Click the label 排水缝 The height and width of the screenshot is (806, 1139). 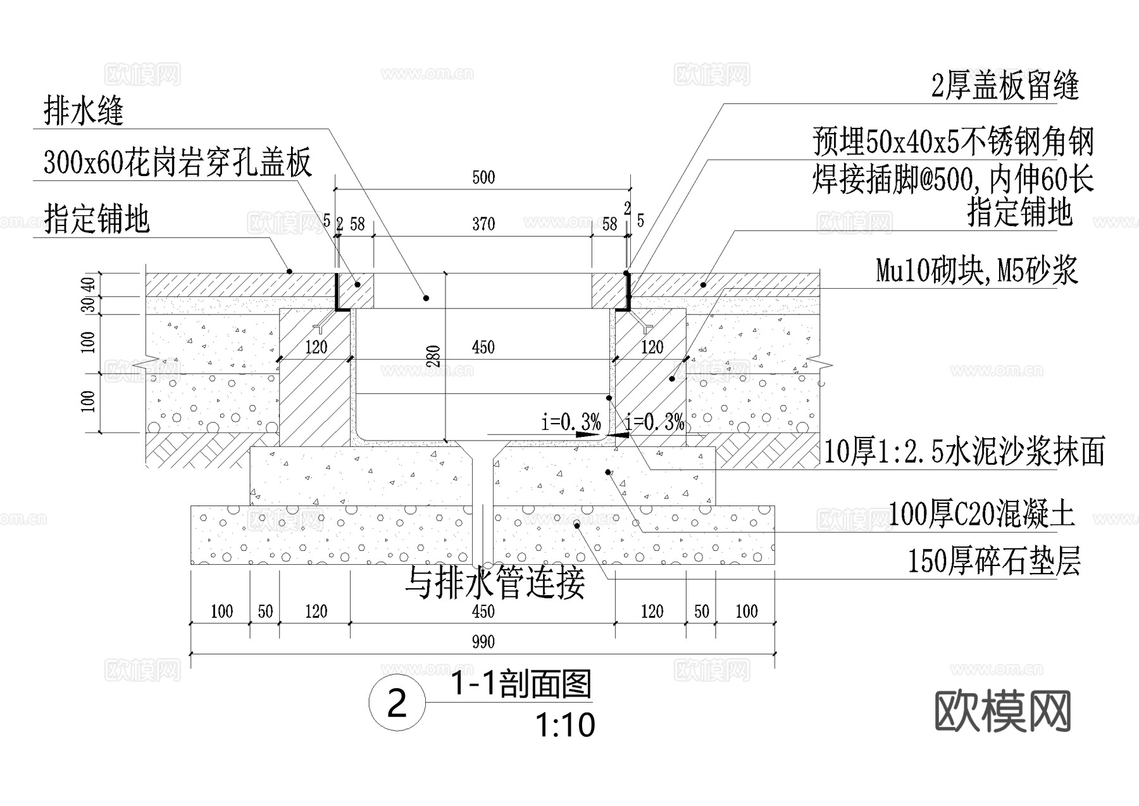[x=83, y=111]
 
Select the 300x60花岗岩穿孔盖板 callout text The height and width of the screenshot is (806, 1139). [x=177, y=163]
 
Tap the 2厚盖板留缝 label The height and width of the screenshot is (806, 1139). [x=1004, y=85]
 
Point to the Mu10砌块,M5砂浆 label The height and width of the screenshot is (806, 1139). [x=976, y=270]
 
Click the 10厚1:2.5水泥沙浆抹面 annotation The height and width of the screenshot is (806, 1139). [x=964, y=452]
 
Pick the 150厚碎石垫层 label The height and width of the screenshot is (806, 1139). [x=993, y=561]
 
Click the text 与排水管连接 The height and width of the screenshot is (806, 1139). [x=495, y=582]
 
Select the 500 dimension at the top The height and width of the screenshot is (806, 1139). [x=483, y=177]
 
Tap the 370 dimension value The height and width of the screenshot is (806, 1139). [x=483, y=224]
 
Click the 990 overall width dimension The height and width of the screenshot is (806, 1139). [x=483, y=643]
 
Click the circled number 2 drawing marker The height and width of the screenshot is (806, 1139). [x=397, y=703]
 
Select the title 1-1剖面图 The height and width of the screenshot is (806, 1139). [x=520, y=684]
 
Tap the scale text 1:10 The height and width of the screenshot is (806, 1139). [x=564, y=726]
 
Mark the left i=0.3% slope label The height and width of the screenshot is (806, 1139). [x=571, y=421]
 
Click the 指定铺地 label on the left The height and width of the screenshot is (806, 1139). [x=97, y=218]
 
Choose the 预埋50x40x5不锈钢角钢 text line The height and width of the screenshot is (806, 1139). [x=953, y=141]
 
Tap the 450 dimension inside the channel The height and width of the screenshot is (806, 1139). [x=483, y=347]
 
